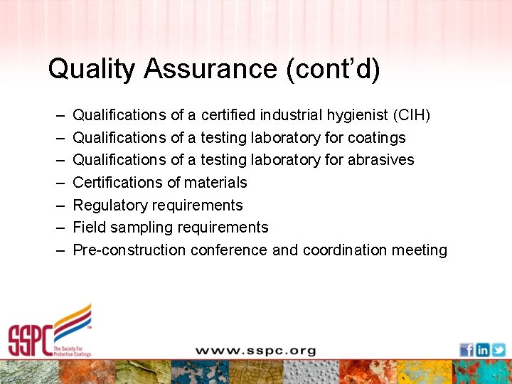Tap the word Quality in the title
point(91,69)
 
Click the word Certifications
point(120,183)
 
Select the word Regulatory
point(109,206)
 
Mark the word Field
point(89,228)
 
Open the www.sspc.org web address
point(256,350)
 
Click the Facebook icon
point(466,349)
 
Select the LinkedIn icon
point(483,349)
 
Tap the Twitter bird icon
point(498,349)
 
